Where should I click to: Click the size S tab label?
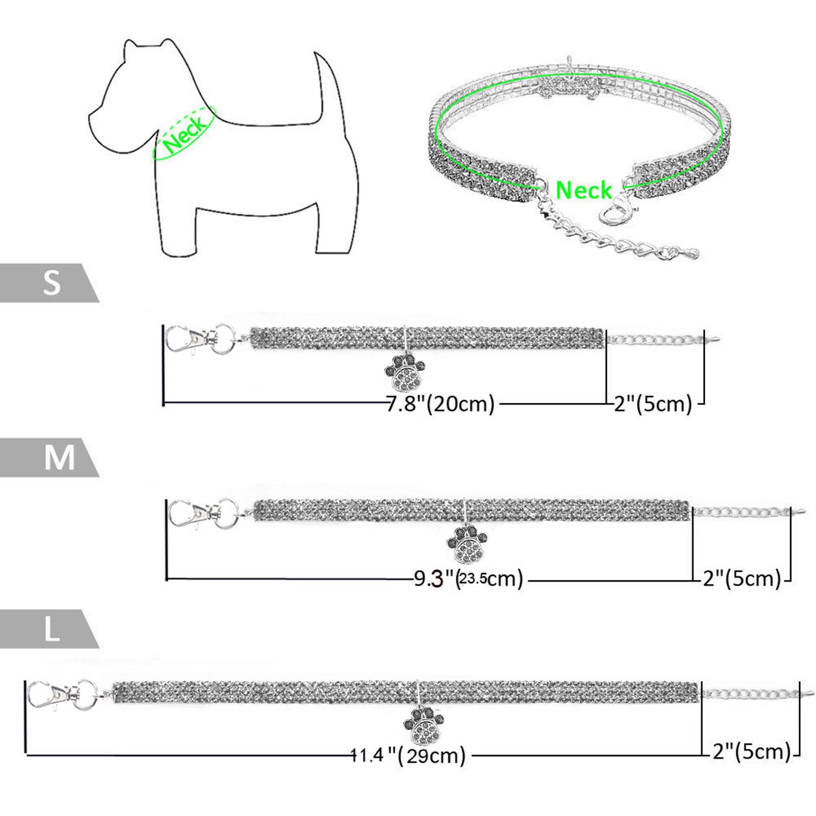pyautogui.click(x=52, y=283)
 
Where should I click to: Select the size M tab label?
pyautogui.click(x=60, y=457)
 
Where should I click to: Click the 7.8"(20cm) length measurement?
pyautogui.click(x=440, y=404)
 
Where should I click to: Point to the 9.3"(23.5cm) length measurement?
pyautogui.click(x=468, y=579)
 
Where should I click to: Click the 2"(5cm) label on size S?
pyautogui.click(x=653, y=404)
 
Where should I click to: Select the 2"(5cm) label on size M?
pyautogui.click(x=742, y=578)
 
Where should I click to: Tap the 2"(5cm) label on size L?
pyautogui.click(x=752, y=752)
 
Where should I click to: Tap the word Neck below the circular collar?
pyautogui.click(x=583, y=190)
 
